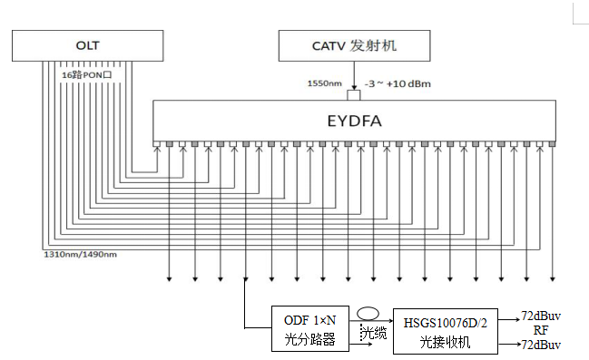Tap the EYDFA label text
(x=354, y=121)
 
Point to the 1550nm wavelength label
(x=325, y=83)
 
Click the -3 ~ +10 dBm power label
(x=398, y=83)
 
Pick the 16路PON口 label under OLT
(x=87, y=75)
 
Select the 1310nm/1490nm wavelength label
(x=81, y=255)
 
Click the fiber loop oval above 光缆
(x=368, y=308)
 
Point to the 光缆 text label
(x=374, y=333)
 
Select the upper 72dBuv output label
(x=541, y=316)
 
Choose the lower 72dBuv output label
(x=541, y=345)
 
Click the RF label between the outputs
(x=541, y=330)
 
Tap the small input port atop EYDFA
(x=353, y=95)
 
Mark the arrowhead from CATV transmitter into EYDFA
(x=354, y=88)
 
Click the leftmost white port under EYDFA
(x=157, y=144)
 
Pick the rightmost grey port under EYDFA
(x=552, y=144)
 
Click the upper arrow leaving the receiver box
(x=510, y=320)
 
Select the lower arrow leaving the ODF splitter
(x=360, y=344)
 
